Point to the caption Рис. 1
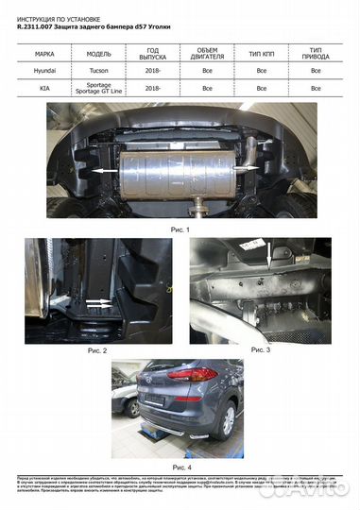pos(180,229)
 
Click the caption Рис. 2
pos(97,349)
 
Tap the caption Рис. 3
pos(260,349)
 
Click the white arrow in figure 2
pos(94,303)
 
